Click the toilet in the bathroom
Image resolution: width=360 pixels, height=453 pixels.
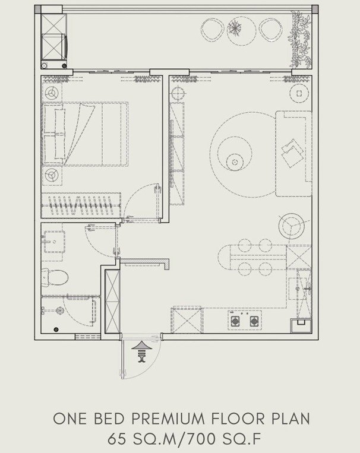pyautogui.click(x=55, y=278)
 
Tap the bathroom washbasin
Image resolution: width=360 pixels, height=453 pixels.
pyautogui.click(x=54, y=242)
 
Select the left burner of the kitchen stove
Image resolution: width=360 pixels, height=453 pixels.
pyautogui.click(x=235, y=321)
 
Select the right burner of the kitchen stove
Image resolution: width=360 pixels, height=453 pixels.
pyautogui.click(x=254, y=321)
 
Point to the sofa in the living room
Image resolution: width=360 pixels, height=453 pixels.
pyautogui.click(x=294, y=153)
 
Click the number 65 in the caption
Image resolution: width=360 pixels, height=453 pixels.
pyautogui.click(x=117, y=439)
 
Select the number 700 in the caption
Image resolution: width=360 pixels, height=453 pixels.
pyautogui.click(x=201, y=439)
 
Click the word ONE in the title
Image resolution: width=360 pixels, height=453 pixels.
pyautogui.click(x=70, y=419)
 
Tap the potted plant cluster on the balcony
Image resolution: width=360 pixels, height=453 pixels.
pyautogui.click(x=301, y=39)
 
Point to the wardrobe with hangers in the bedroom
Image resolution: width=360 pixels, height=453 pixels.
pyautogui.click(x=81, y=205)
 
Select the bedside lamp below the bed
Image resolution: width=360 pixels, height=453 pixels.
pyautogui.click(x=52, y=175)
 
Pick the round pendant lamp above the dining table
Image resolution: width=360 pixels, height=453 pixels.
pyautogui.click(x=292, y=226)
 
